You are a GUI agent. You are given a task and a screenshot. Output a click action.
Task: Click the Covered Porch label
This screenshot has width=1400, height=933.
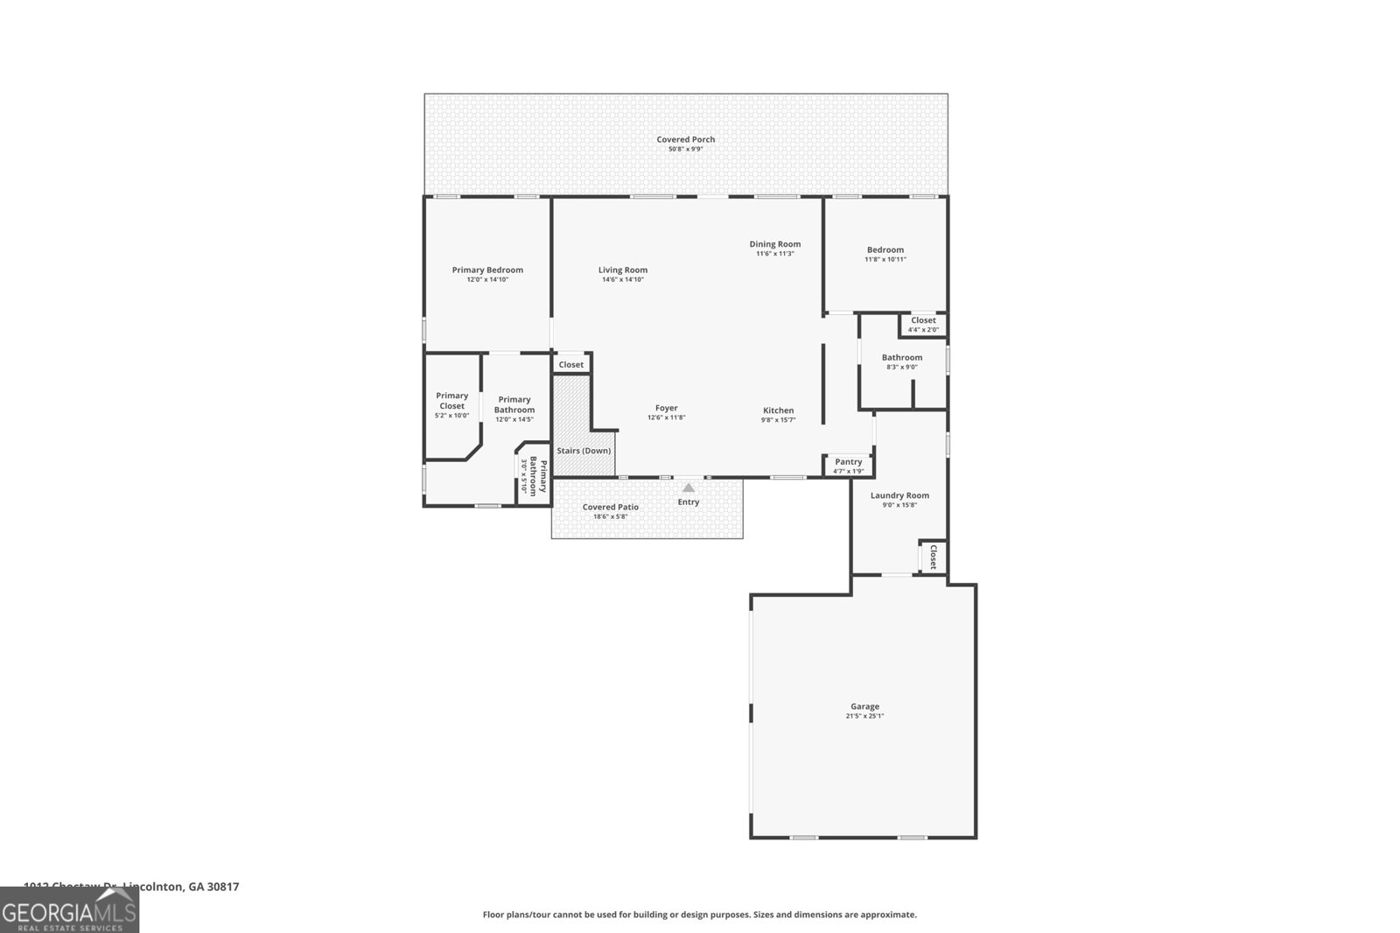pyautogui.click(x=686, y=139)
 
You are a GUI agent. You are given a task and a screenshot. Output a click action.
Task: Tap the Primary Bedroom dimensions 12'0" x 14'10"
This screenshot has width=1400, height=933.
pyautogui.click(x=487, y=280)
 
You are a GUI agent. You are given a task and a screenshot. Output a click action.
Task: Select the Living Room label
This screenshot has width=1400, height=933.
pyautogui.click(x=623, y=270)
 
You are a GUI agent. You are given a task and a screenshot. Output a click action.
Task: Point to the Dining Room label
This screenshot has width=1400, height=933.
pyautogui.click(x=774, y=244)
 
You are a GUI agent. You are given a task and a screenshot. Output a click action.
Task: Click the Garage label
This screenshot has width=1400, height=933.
pyautogui.click(x=864, y=706)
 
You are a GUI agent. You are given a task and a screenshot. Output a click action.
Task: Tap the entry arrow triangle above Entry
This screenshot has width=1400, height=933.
pyautogui.click(x=689, y=488)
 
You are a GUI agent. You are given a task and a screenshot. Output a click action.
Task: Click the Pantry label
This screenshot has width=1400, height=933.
pyautogui.click(x=848, y=462)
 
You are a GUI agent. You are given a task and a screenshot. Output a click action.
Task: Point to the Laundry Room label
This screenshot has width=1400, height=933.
pyautogui.click(x=899, y=495)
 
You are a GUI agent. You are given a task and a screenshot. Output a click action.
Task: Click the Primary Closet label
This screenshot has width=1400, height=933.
pyautogui.click(x=452, y=401)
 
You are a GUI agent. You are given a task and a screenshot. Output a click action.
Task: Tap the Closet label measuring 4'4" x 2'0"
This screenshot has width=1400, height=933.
pyautogui.click(x=923, y=320)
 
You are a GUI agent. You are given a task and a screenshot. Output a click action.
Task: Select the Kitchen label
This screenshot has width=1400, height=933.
pyautogui.click(x=778, y=410)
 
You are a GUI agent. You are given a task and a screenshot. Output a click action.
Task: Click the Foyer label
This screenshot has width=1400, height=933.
pyautogui.click(x=666, y=408)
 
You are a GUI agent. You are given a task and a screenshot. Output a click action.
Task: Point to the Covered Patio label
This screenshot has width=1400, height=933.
pyautogui.click(x=611, y=507)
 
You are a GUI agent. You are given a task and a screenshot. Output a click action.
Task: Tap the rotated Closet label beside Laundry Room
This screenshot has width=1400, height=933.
pyautogui.click(x=933, y=558)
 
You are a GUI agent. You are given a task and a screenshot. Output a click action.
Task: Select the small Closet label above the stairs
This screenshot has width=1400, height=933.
pyautogui.click(x=571, y=364)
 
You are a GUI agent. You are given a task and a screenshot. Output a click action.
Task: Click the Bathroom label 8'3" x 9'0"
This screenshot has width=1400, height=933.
pyautogui.click(x=901, y=357)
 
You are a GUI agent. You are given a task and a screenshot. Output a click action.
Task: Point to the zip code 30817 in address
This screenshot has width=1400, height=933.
pyautogui.click(x=223, y=887)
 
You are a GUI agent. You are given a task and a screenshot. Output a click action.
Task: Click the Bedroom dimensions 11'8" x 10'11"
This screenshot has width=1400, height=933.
pyautogui.click(x=885, y=259)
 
